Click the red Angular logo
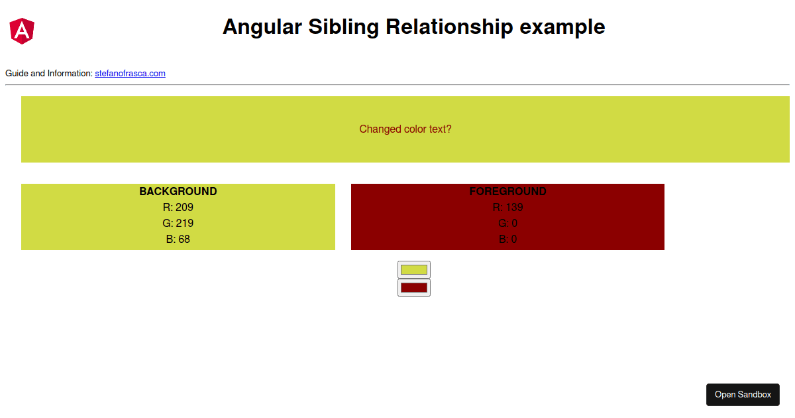pos(22,31)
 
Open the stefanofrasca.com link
pos(130,74)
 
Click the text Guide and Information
pos(48,74)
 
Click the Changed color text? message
pos(405,129)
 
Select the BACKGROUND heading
pos(178,192)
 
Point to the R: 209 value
pos(178,208)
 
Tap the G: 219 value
pos(178,224)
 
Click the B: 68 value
pos(178,240)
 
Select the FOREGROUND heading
pos(507,192)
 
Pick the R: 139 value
pos(507,208)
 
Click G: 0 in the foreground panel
pos(507,224)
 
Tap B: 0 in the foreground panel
pos(507,240)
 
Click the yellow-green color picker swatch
pos(414,269)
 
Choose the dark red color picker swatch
pos(414,287)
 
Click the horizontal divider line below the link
pos(397,85)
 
